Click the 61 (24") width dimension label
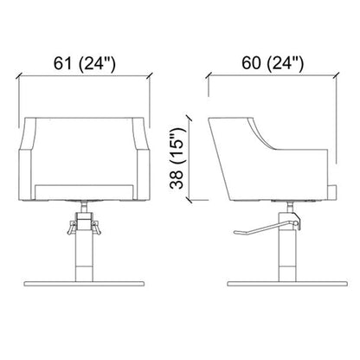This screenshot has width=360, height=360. click(85, 64)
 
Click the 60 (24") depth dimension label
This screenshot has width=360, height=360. click(273, 63)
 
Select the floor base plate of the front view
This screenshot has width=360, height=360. click(84, 284)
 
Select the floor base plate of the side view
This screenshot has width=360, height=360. click(287, 284)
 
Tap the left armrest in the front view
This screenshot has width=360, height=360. click(28, 158)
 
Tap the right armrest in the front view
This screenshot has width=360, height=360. click(142, 158)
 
